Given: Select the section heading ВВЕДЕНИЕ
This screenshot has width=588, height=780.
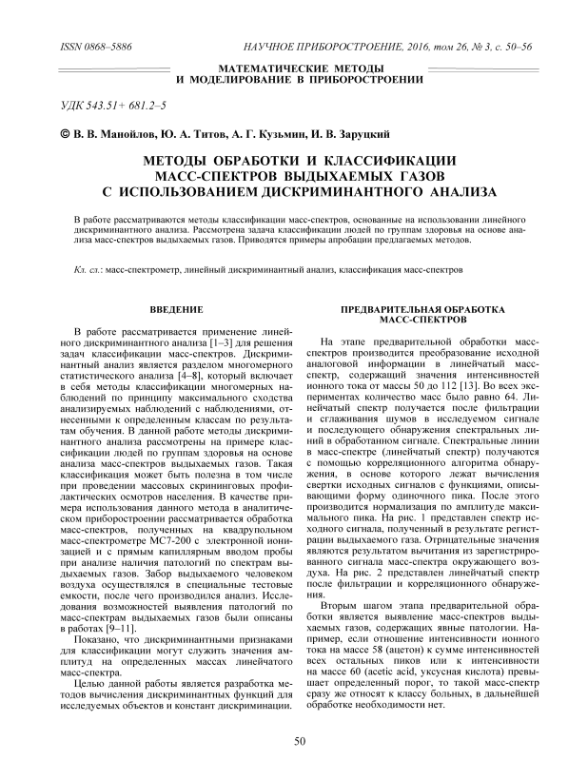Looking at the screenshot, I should pyautogui.click(x=177, y=310).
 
